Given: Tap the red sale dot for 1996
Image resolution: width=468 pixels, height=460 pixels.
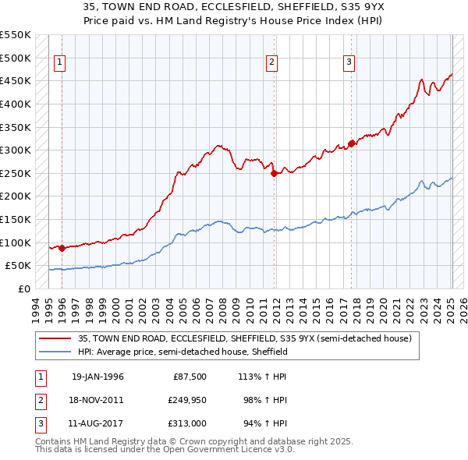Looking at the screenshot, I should click(62, 249).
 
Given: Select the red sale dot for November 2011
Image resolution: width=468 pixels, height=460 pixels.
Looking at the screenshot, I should click(274, 174).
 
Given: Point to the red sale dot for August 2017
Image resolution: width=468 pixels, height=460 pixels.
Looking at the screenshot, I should click(351, 143).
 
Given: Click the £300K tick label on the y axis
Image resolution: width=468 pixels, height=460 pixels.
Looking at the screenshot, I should click(16, 150).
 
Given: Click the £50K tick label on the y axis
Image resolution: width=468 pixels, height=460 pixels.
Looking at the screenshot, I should click(18, 266).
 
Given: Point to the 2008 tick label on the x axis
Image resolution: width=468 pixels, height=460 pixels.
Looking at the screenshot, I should click(223, 307).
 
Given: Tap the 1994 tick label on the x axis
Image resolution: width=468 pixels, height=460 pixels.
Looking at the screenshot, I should click(36, 307).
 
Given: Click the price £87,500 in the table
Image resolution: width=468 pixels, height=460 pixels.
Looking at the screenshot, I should click(189, 377).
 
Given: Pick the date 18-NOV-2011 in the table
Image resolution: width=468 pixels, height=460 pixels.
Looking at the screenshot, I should click(97, 400).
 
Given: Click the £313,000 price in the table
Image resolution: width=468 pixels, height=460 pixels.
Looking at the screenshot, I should click(188, 423).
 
